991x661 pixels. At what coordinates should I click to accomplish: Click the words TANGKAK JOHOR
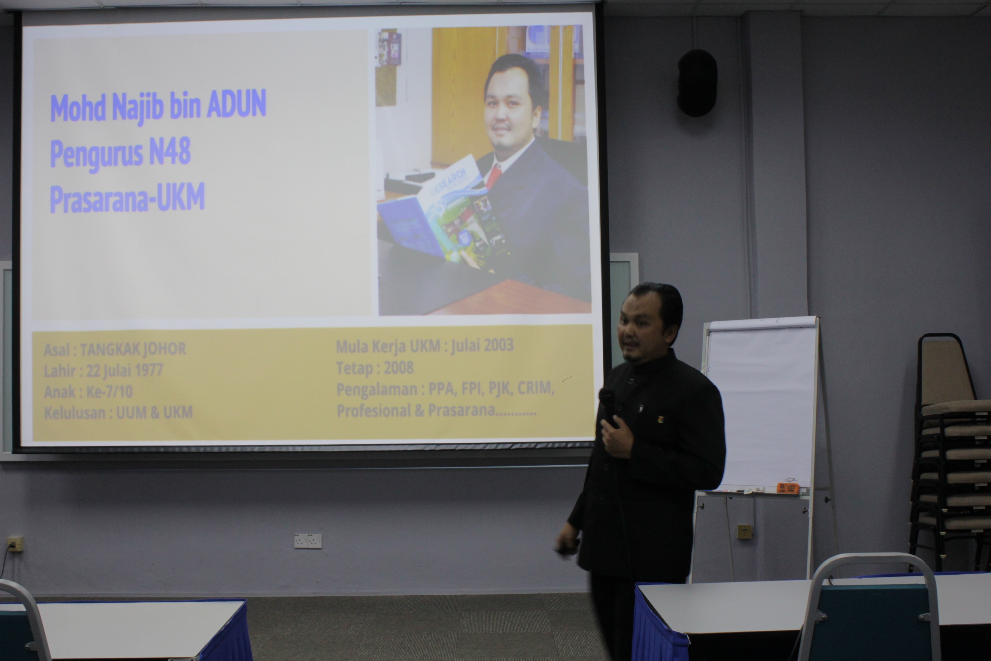tap(133, 349)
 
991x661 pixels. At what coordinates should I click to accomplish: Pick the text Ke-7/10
tap(109, 392)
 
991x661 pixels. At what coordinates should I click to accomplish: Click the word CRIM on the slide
tap(534, 388)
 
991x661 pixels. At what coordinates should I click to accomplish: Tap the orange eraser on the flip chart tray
tap(787, 488)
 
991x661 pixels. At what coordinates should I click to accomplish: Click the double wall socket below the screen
tap(308, 541)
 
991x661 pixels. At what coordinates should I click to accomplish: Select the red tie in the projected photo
tap(493, 175)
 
